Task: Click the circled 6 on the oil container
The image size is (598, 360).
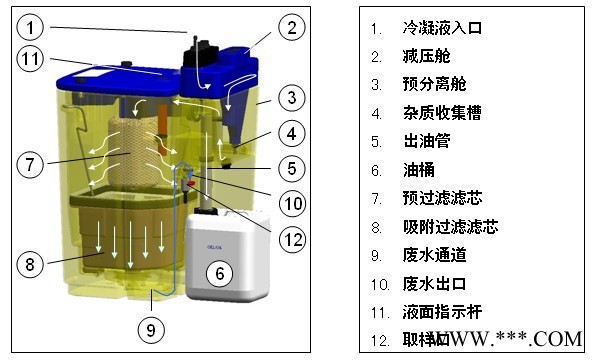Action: (219, 271)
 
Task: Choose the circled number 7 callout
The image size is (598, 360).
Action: (33, 160)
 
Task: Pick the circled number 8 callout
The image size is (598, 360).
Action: (32, 265)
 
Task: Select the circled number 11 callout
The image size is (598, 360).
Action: (33, 61)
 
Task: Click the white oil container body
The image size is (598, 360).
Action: (228, 250)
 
